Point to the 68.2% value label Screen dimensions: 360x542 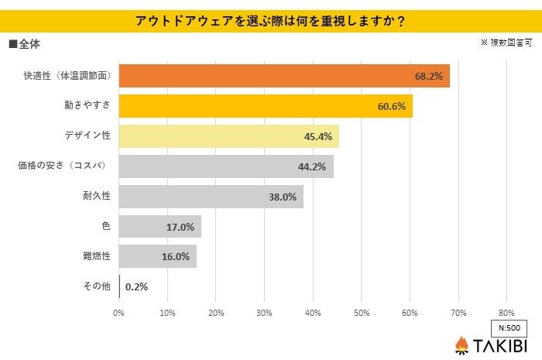pos(429,76)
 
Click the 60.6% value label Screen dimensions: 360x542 pos(392,106)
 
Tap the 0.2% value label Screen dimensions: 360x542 pos(136,286)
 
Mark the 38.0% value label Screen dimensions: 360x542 pos(283,197)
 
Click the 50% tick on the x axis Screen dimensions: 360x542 pos(361,313)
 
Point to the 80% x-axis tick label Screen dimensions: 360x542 pos(506,313)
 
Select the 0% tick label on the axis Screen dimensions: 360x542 pos(119,313)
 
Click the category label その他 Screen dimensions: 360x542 pos(97,286)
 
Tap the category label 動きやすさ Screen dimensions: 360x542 pos(87,106)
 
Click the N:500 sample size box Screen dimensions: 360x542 pos(509,327)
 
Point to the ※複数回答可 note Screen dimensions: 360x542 pos(506,43)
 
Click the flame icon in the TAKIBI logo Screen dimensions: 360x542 pos(462,345)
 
